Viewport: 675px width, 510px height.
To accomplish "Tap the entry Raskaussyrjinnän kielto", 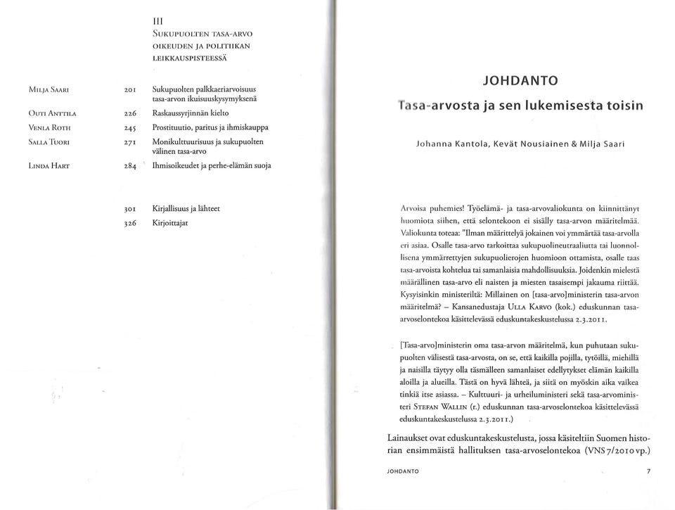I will tap(190, 112).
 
